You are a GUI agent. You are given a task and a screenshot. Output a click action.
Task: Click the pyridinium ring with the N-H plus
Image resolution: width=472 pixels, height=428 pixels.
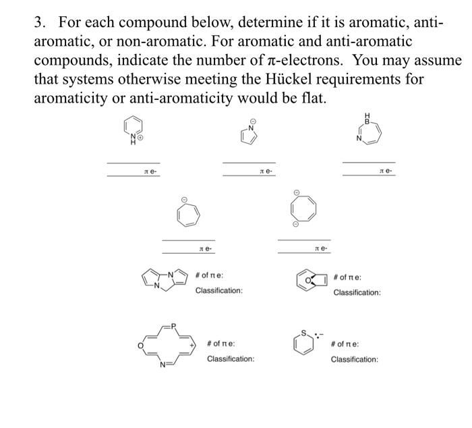coord(133,128)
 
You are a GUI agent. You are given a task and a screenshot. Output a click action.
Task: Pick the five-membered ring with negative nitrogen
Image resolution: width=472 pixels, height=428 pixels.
coord(248,135)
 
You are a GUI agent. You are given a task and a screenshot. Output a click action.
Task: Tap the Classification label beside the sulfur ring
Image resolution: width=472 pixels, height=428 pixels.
coord(354,359)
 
